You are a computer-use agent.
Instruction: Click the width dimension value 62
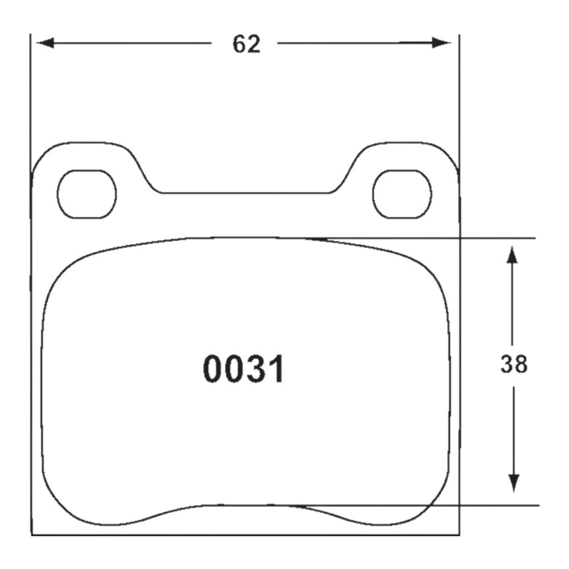click(246, 44)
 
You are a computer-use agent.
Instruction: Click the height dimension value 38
click(513, 365)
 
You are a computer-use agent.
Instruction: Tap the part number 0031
click(244, 369)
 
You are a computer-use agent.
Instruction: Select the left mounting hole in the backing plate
click(87, 194)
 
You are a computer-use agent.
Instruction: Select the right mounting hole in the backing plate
click(402, 194)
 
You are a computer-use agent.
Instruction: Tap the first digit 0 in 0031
click(213, 369)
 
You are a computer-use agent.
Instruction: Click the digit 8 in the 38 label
click(521, 365)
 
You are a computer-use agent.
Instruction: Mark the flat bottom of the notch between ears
click(244, 193)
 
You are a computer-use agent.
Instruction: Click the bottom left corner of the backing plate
click(32, 535)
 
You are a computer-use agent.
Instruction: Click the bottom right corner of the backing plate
click(459, 535)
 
